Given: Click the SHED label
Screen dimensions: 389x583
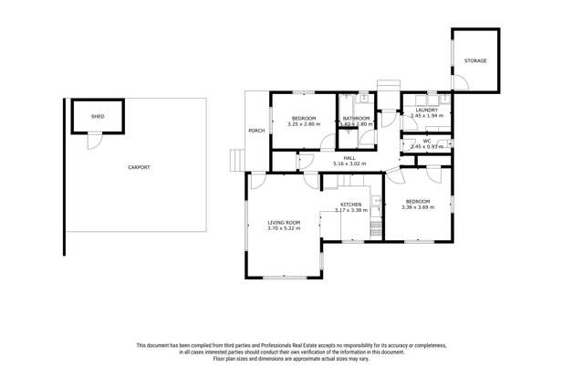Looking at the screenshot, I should click(98, 117).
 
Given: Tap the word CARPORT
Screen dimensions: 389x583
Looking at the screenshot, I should click(139, 167).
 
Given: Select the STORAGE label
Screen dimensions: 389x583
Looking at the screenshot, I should click(475, 61).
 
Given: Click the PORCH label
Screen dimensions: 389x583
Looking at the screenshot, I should click(257, 131).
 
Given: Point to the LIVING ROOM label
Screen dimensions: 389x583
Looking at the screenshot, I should click(283, 222).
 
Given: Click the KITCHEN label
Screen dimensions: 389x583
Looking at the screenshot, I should click(351, 205).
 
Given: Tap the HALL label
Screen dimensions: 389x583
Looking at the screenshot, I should click(349, 158).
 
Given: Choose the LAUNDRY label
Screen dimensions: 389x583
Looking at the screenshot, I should click(426, 110).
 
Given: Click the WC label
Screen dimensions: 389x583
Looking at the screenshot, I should click(426, 141).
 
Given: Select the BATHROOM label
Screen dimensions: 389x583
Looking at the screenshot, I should click(356, 119).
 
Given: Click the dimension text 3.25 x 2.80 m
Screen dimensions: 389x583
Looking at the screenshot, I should click(303, 124).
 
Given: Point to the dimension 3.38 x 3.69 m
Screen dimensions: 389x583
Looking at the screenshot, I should click(418, 207).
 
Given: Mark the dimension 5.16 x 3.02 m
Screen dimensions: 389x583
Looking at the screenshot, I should click(349, 163).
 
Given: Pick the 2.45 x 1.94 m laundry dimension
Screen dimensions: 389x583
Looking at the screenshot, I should click(426, 116).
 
